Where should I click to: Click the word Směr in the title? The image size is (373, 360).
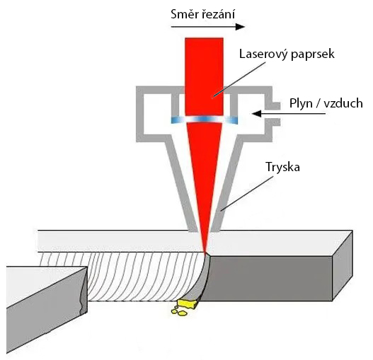tap(185, 14)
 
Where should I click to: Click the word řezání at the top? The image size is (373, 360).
tap(219, 14)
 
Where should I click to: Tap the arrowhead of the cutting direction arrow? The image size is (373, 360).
tap(240, 27)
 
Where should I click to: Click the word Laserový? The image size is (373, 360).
tap(263, 54)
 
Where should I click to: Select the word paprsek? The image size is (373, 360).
tap(313, 54)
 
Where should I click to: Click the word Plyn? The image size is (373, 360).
tap(301, 104)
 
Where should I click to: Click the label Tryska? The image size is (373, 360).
tap(282, 167)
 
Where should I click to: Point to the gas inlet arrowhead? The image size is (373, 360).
tap(257, 114)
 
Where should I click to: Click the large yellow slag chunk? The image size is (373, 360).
tap(187, 304)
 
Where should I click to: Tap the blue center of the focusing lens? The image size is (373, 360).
tap(204, 119)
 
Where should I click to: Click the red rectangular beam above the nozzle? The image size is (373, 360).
tap(204, 76)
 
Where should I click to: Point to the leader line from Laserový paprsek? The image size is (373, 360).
tap(239, 79)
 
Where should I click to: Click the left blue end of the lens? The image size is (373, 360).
tap(176, 120)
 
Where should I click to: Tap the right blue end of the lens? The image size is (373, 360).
tap(232, 120)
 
